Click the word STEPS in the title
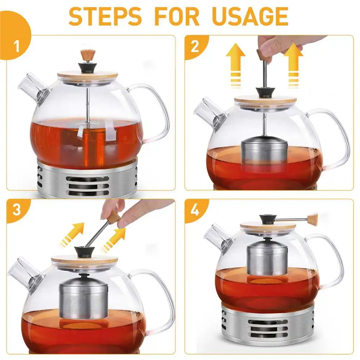[105, 16]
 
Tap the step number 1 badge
[17, 46]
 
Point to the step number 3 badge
[17, 210]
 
